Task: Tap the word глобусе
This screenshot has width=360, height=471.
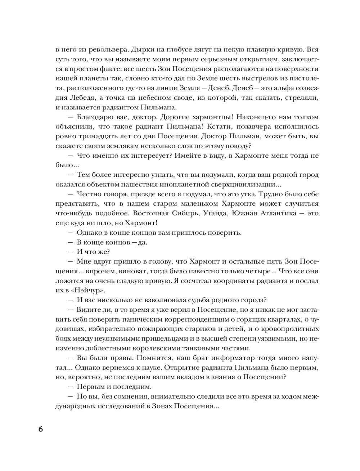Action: tap(168, 49)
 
